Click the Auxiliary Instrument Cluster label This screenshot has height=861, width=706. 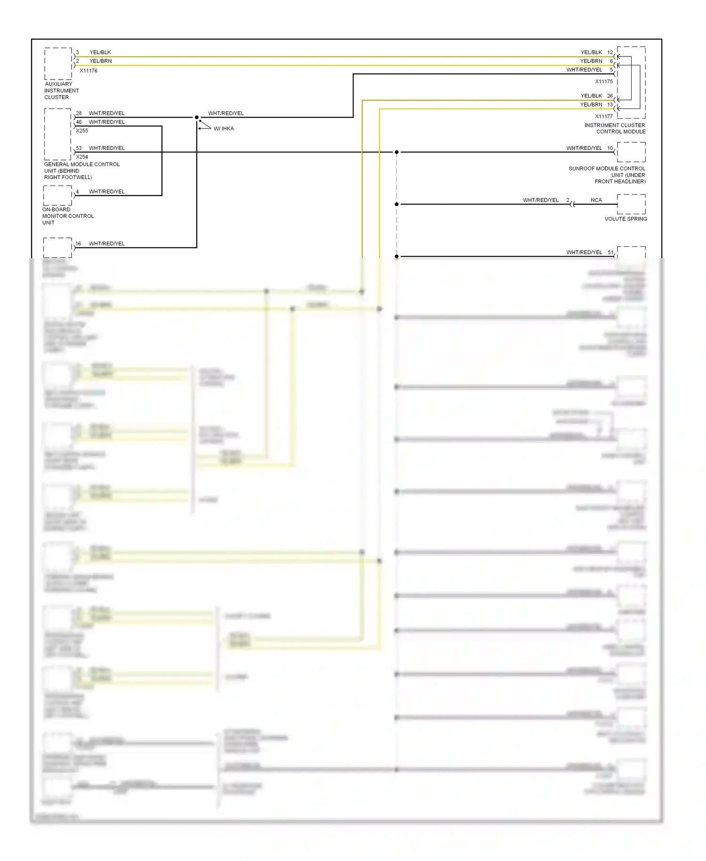(x=61, y=90)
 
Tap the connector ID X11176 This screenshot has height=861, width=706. (x=88, y=71)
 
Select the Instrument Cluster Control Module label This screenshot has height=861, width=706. (x=615, y=128)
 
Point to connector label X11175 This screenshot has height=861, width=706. (x=604, y=81)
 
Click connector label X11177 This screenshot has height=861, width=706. (x=604, y=116)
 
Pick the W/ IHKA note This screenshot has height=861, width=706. (x=224, y=129)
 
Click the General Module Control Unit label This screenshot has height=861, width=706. (x=81, y=171)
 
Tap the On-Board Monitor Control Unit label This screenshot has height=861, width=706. (x=68, y=216)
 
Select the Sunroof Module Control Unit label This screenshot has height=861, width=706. (x=607, y=175)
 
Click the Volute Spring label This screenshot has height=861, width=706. (x=626, y=219)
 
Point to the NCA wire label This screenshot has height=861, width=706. (x=596, y=200)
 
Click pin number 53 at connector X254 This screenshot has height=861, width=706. (x=79, y=148)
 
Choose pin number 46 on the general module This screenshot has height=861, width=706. (x=79, y=122)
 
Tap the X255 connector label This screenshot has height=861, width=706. (x=82, y=131)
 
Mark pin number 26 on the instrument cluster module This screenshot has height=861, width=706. (x=610, y=96)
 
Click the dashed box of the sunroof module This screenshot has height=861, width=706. (x=631, y=152)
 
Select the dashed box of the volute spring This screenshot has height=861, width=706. (x=631, y=204)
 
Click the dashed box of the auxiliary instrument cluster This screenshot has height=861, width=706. (x=58, y=64)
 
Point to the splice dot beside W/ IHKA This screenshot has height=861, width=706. (x=197, y=117)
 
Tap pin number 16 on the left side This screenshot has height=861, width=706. (x=78, y=244)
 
